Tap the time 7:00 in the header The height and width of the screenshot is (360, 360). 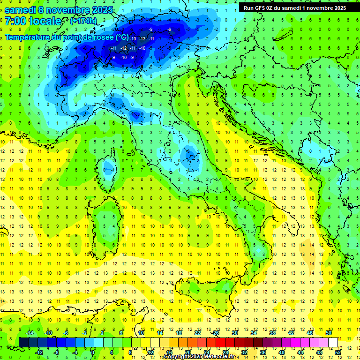pos(16,21)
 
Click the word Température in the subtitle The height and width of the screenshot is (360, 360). pos(28,37)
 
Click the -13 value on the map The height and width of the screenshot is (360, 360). pos(142,38)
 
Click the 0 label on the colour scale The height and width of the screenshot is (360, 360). pos(93,352)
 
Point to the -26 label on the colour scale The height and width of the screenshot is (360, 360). pos(215,333)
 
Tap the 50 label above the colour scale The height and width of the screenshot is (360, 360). pos(328,333)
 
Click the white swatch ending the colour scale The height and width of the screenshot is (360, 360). pos(333,342)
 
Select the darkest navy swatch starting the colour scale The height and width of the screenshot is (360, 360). pos(23,342)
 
